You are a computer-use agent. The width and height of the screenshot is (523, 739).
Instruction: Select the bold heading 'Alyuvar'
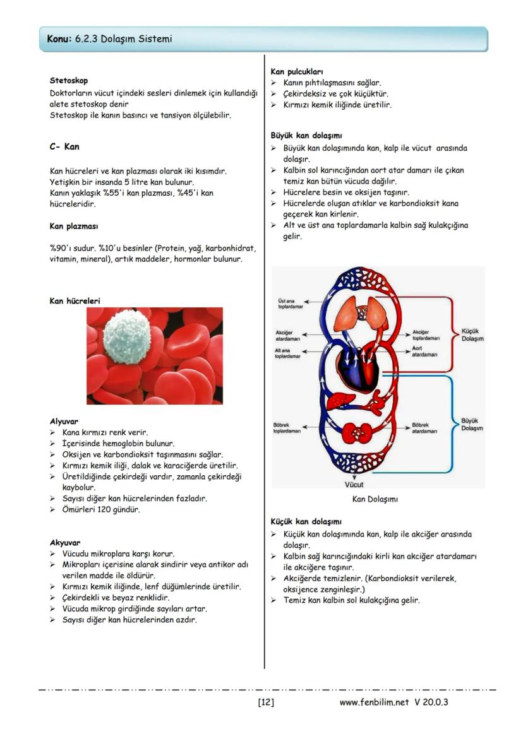point(64,421)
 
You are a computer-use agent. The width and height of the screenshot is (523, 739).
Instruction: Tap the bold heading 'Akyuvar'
point(65,542)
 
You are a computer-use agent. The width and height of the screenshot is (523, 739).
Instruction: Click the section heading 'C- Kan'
point(64,146)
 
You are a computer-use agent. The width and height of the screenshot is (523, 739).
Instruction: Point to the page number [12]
point(266,702)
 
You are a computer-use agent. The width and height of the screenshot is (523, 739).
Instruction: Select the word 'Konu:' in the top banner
point(59,39)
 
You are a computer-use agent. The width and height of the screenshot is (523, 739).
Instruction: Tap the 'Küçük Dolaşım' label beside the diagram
point(472,334)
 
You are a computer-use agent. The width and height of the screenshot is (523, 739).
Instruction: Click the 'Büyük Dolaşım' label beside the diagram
point(472,424)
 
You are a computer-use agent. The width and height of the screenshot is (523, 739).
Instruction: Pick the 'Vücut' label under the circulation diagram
point(354,485)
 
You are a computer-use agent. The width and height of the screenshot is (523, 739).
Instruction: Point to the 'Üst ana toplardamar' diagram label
point(289,304)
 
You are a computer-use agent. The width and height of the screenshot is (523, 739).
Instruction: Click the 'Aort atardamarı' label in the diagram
point(424,352)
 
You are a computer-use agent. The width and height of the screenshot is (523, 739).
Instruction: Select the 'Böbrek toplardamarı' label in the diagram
point(287,428)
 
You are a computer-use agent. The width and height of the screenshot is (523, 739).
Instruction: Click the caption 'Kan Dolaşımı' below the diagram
point(375,499)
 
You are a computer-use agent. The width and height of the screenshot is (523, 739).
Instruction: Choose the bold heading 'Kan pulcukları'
point(297,72)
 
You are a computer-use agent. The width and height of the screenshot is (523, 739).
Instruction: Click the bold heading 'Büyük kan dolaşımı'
point(306,136)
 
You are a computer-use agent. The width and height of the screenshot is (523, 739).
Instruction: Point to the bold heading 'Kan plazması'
point(73,226)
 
